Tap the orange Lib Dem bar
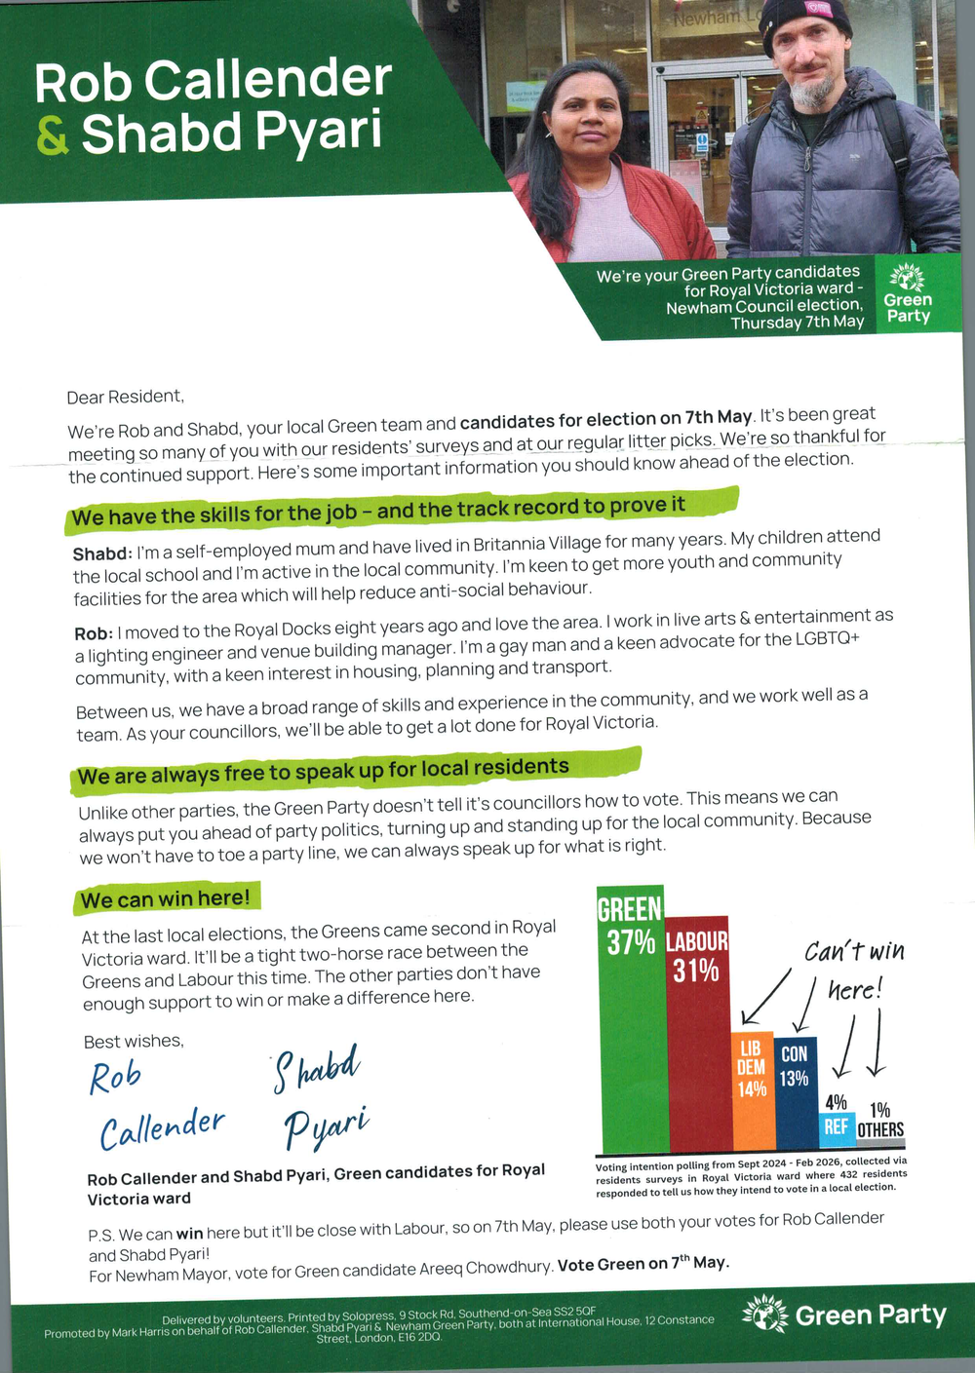pyautogui.click(x=752, y=1091)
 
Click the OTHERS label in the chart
pyautogui.click(x=880, y=1129)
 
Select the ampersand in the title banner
pyautogui.click(x=53, y=136)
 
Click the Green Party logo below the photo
pyautogui.click(x=909, y=293)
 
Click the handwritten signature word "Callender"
pyautogui.click(x=162, y=1127)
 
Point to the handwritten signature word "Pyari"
pyautogui.click(x=326, y=1125)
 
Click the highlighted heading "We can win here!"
pyautogui.click(x=166, y=898)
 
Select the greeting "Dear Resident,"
pyautogui.click(x=125, y=397)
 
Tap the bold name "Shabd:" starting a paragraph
pyautogui.click(x=102, y=553)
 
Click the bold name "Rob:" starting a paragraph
pyautogui.click(x=94, y=633)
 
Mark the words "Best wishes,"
pyautogui.click(x=134, y=1041)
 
